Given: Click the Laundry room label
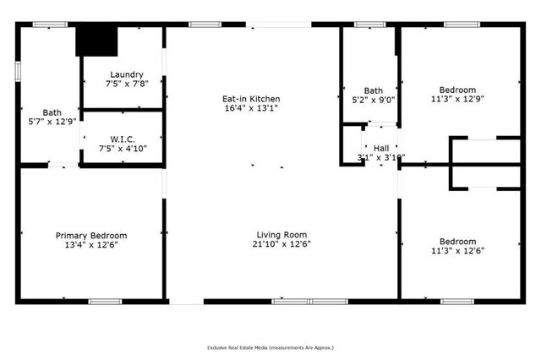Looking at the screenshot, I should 123,74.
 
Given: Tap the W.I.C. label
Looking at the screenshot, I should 123,139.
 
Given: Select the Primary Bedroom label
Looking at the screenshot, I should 91,236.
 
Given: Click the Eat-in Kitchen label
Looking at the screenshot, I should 252,99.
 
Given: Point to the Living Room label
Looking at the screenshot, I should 281,235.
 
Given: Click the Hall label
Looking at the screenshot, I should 381,148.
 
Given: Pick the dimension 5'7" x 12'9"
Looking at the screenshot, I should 52,121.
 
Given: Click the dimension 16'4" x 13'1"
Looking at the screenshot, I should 252,108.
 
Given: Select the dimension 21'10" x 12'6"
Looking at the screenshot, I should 281,244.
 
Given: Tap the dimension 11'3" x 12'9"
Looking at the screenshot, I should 457,100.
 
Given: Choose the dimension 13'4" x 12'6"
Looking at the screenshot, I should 91,245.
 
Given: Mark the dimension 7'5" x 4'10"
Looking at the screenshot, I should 123,149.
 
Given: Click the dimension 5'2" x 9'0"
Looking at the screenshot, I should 373,100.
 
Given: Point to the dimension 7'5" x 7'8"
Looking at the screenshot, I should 123,84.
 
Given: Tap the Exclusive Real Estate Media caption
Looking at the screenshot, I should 270,347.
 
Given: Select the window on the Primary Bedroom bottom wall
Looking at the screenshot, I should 106,301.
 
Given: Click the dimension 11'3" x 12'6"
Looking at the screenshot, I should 457,250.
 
